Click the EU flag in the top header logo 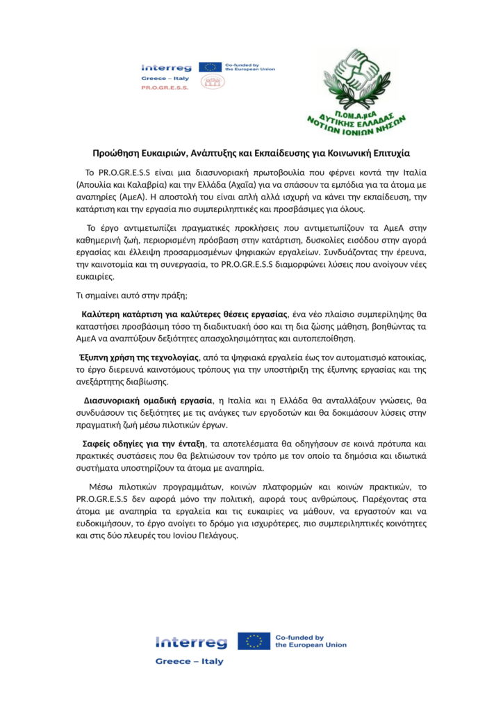click(210, 67)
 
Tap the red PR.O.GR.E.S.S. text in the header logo click(160, 89)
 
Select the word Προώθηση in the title click(117, 152)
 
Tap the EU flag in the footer click(254, 641)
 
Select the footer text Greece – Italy click(189, 661)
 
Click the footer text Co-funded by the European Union click(311, 641)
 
